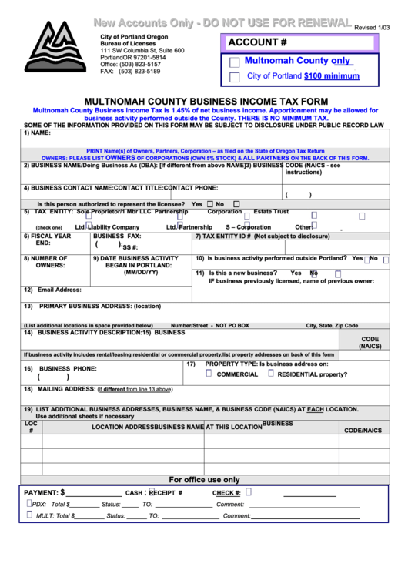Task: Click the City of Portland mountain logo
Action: [52, 48]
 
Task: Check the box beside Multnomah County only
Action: [235, 62]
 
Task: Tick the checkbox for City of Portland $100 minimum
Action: [235, 78]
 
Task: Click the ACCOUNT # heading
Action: [257, 43]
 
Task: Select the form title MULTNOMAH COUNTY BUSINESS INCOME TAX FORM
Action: [205, 101]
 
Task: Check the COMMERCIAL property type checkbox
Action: [209, 373]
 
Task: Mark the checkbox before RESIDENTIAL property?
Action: [270, 373]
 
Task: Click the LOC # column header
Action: [31, 427]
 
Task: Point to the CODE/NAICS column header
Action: [363, 430]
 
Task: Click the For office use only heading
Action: [204, 478]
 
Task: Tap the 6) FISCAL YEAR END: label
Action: [47, 240]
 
